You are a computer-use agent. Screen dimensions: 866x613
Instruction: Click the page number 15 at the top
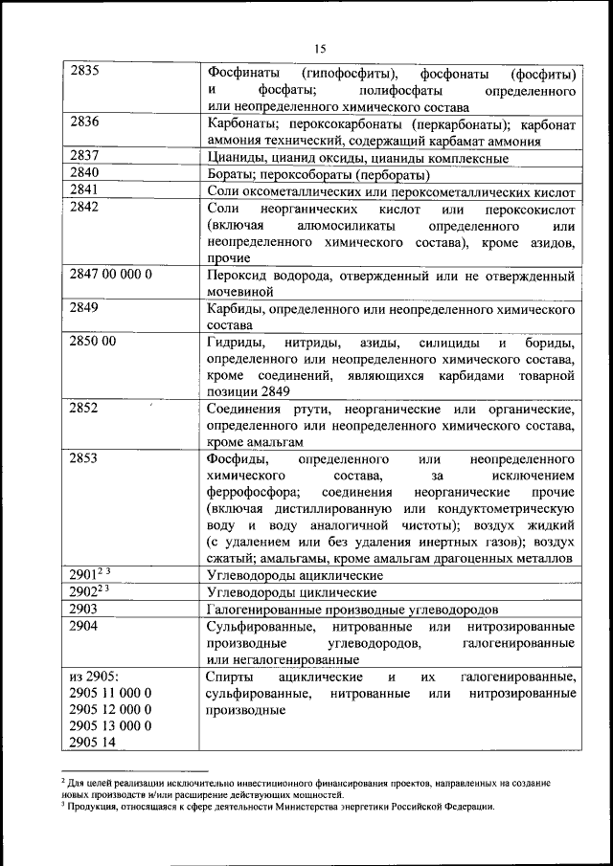click(320, 48)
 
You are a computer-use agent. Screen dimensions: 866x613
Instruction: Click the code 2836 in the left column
click(85, 123)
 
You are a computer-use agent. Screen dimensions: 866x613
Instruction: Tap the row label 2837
click(85, 157)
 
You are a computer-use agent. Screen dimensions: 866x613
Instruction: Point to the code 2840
click(85, 173)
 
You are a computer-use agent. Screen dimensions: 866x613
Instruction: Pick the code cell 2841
click(85, 190)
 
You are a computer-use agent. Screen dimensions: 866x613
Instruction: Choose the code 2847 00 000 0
click(111, 274)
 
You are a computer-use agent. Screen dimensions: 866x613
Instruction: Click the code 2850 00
click(93, 342)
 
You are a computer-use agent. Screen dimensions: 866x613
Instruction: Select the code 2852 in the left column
click(85, 409)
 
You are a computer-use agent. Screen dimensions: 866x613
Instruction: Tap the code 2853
click(85, 458)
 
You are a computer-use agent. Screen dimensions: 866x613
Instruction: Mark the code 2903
click(85, 609)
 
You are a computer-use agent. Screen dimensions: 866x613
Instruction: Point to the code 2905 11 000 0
click(111, 692)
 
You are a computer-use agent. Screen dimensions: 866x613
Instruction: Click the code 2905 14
click(92, 741)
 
